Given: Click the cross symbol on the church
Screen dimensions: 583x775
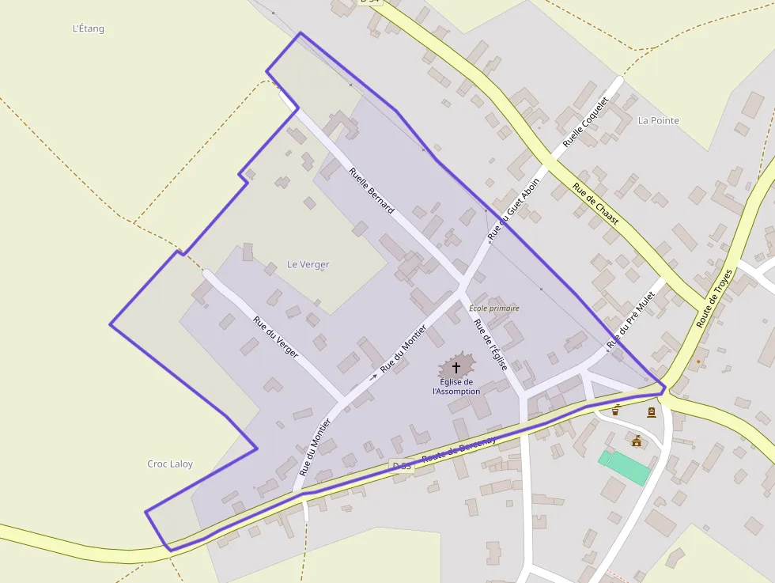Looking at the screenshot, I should [x=456, y=367].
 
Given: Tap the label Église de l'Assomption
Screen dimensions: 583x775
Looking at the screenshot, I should [x=456, y=387].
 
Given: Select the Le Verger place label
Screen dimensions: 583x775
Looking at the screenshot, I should [x=308, y=264].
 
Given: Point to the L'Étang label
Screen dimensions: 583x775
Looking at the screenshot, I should [x=88, y=28].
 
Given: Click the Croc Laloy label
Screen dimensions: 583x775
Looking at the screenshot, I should [x=170, y=464].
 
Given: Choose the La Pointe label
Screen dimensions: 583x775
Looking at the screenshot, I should [x=658, y=120].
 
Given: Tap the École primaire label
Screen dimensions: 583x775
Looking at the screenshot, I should [x=494, y=308].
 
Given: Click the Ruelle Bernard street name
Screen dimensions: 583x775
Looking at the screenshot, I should [x=371, y=191].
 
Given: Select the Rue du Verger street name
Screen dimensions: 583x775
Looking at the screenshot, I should [x=276, y=337].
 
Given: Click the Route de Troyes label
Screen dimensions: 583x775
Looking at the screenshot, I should [x=715, y=298].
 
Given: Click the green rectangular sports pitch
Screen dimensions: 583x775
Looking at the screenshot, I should [x=625, y=468].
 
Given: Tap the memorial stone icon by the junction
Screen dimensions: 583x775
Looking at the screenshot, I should [x=651, y=412].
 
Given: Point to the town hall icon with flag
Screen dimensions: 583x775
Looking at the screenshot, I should [x=637, y=441].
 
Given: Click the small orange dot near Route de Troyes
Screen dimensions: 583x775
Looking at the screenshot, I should [x=698, y=362].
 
